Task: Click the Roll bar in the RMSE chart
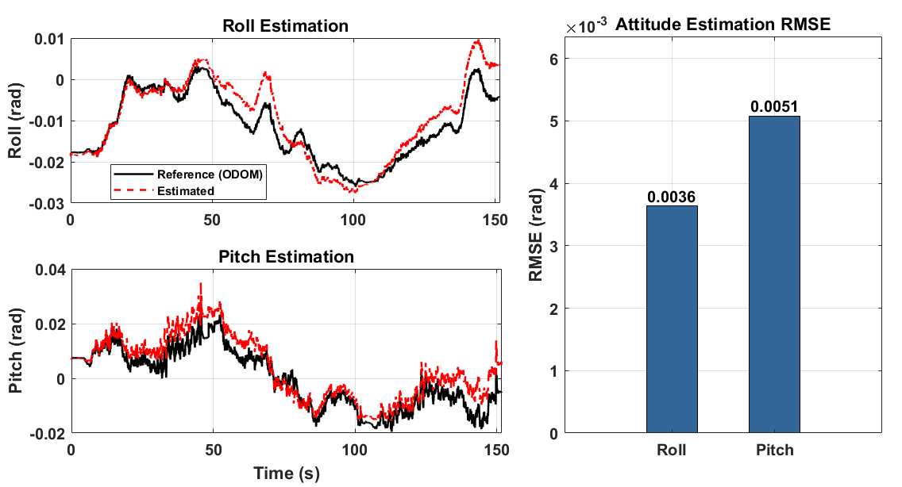671,319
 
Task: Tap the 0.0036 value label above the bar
671,197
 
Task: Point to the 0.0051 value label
774,106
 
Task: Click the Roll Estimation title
285,26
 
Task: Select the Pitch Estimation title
286,256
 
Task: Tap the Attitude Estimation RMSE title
723,24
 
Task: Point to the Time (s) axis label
287,474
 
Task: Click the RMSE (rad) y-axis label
535,235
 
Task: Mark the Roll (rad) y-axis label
15,121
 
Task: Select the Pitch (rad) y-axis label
16,351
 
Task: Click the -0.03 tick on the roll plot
47,204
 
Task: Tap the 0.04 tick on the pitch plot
50,270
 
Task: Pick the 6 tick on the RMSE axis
554,59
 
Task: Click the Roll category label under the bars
671,450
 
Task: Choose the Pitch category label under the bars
774,450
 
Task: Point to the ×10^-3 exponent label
586,26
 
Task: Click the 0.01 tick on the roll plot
49,40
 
